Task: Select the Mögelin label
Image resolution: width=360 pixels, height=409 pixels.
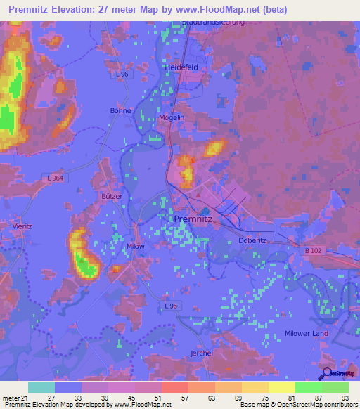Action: (x=172, y=117)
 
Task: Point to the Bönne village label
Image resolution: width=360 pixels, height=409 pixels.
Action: (x=121, y=110)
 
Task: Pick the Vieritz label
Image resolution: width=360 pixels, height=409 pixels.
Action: (x=22, y=226)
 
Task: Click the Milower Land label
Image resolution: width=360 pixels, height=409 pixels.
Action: (x=306, y=333)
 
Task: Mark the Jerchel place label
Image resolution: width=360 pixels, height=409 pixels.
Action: (x=202, y=353)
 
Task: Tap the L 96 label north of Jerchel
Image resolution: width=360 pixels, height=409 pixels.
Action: (x=171, y=306)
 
